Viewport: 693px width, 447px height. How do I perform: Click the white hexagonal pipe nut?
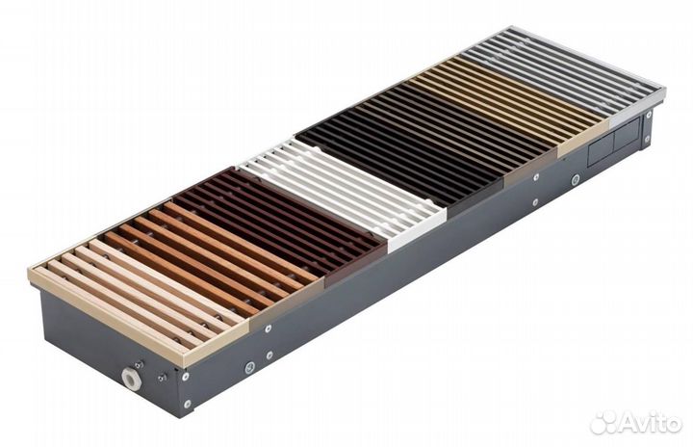(x=132, y=379)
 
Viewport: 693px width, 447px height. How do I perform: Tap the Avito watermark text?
(x=651, y=422)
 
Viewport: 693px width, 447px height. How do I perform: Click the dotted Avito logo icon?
(x=603, y=422)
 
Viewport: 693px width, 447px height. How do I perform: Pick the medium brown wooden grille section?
(x=212, y=252)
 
